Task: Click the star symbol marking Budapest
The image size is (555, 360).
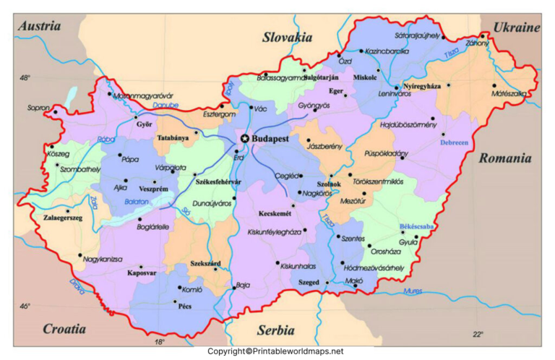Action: [x=245, y=138]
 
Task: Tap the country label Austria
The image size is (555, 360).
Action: [x=38, y=26]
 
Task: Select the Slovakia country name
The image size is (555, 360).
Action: [x=287, y=38]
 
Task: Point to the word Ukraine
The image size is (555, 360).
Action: [x=517, y=27]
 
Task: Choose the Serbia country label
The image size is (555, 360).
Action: [x=275, y=330]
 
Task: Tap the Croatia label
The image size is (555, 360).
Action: [x=64, y=329]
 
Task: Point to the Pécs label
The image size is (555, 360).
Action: [x=184, y=306]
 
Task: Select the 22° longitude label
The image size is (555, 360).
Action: [x=478, y=334]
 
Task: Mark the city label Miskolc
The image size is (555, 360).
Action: [x=366, y=77]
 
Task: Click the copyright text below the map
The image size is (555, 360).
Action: [x=275, y=351]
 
